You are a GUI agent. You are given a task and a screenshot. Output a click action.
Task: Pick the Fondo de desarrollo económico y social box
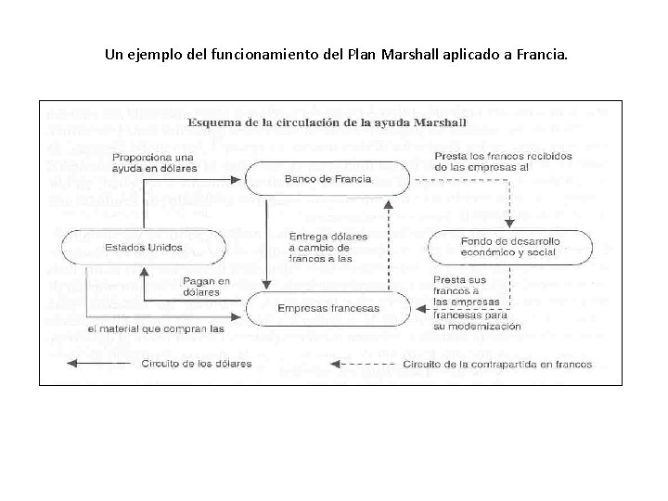pyautogui.click(x=522, y=247)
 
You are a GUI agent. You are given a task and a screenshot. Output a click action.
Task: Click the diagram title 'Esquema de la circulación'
pyautogui.click(x=327, y=122)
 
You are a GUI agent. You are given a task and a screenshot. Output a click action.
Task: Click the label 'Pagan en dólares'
pyautogui.click(x=206, y=286)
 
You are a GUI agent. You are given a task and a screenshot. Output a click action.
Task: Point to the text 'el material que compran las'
pyautogui.click(x=156, y=328)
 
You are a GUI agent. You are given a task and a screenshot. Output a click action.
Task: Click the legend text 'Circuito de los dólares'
pyautogui.click(x=196, y=364)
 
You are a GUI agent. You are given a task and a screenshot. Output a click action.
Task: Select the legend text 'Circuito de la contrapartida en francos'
pyautogui.click(x=496, y=365)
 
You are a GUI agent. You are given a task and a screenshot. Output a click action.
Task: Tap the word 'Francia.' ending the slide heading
pyautogui.click(x=537, y=54)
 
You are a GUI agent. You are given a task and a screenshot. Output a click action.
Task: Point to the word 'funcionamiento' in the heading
pyautogui.click(x=266, y=54)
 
